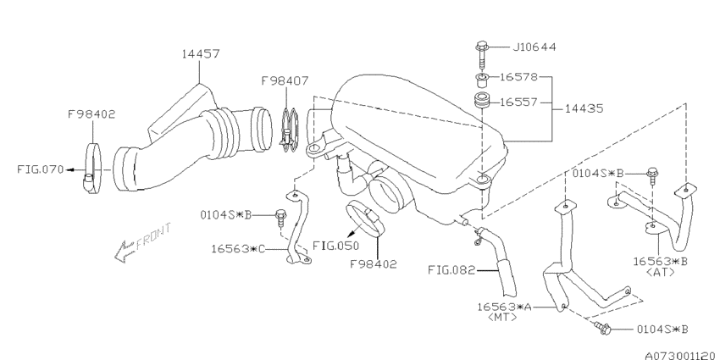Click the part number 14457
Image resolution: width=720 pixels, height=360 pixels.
point(200,53)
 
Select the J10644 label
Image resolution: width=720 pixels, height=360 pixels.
point(534,47)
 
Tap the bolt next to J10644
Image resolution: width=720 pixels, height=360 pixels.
point(481,55)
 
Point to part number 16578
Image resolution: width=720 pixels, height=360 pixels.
point(518,77)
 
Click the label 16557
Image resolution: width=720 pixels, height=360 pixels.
point(518,102)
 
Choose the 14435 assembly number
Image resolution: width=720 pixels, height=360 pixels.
point(584,108)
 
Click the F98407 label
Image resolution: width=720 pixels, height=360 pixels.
point(285,80)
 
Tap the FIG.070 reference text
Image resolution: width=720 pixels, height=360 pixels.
point(41,169)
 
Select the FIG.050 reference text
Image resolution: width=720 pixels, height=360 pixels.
point(335,246)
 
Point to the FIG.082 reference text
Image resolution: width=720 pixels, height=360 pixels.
point(451,270)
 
